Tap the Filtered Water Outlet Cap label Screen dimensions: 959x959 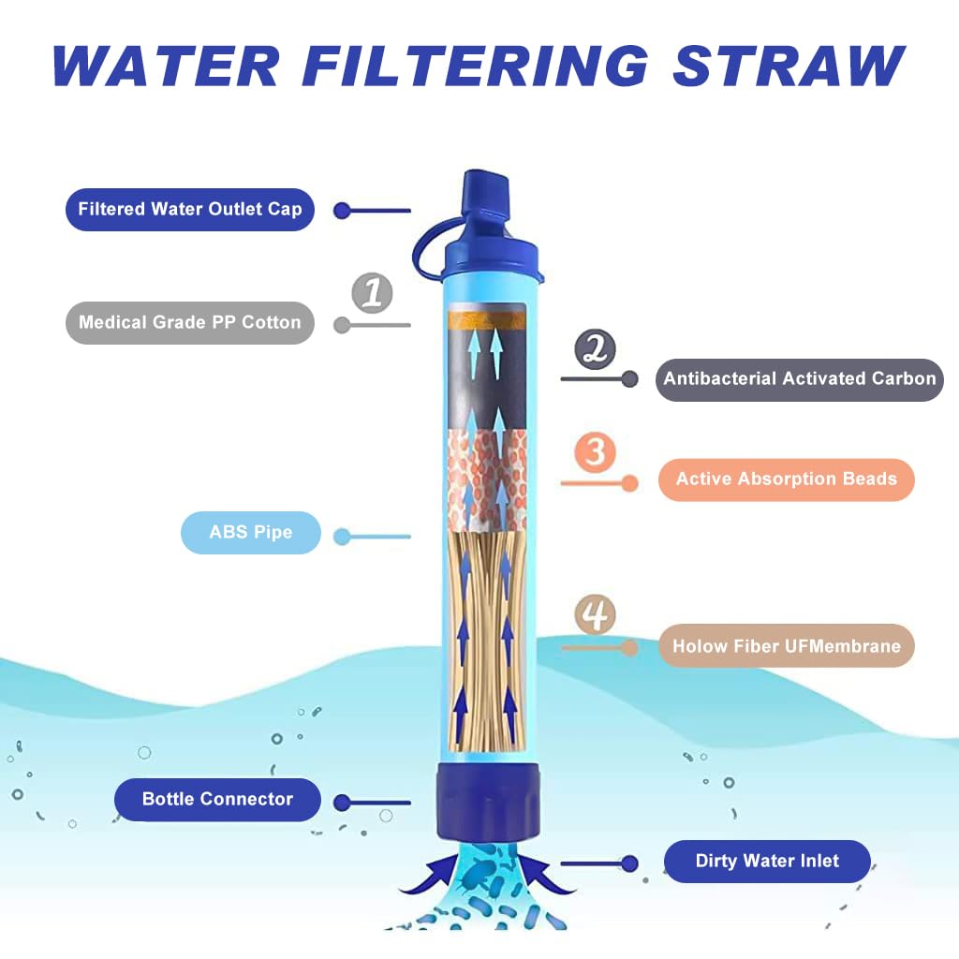(x=189, y=210)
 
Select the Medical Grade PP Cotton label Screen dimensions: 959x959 (x=189, y=322)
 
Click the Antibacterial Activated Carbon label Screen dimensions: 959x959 (x=799, y=379)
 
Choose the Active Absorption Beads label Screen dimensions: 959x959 (x=786, y=479)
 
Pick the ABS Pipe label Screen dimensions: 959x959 (x=250, y=533)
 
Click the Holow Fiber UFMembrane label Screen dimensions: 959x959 (x=786, y=646)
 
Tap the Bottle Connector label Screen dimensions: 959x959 (x=217, y=800)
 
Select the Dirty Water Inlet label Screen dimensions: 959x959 (x=767, y=862)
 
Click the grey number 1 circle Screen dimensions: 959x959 (x=372, y=293)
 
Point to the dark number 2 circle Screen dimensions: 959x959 (x=596, y=349)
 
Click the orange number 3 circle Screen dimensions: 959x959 (x=596, y=452)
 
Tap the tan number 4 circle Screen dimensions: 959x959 (x=596, y=616)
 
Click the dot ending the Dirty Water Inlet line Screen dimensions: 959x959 (x=629, y=863)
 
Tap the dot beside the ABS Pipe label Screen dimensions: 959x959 (x=343, y=537)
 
